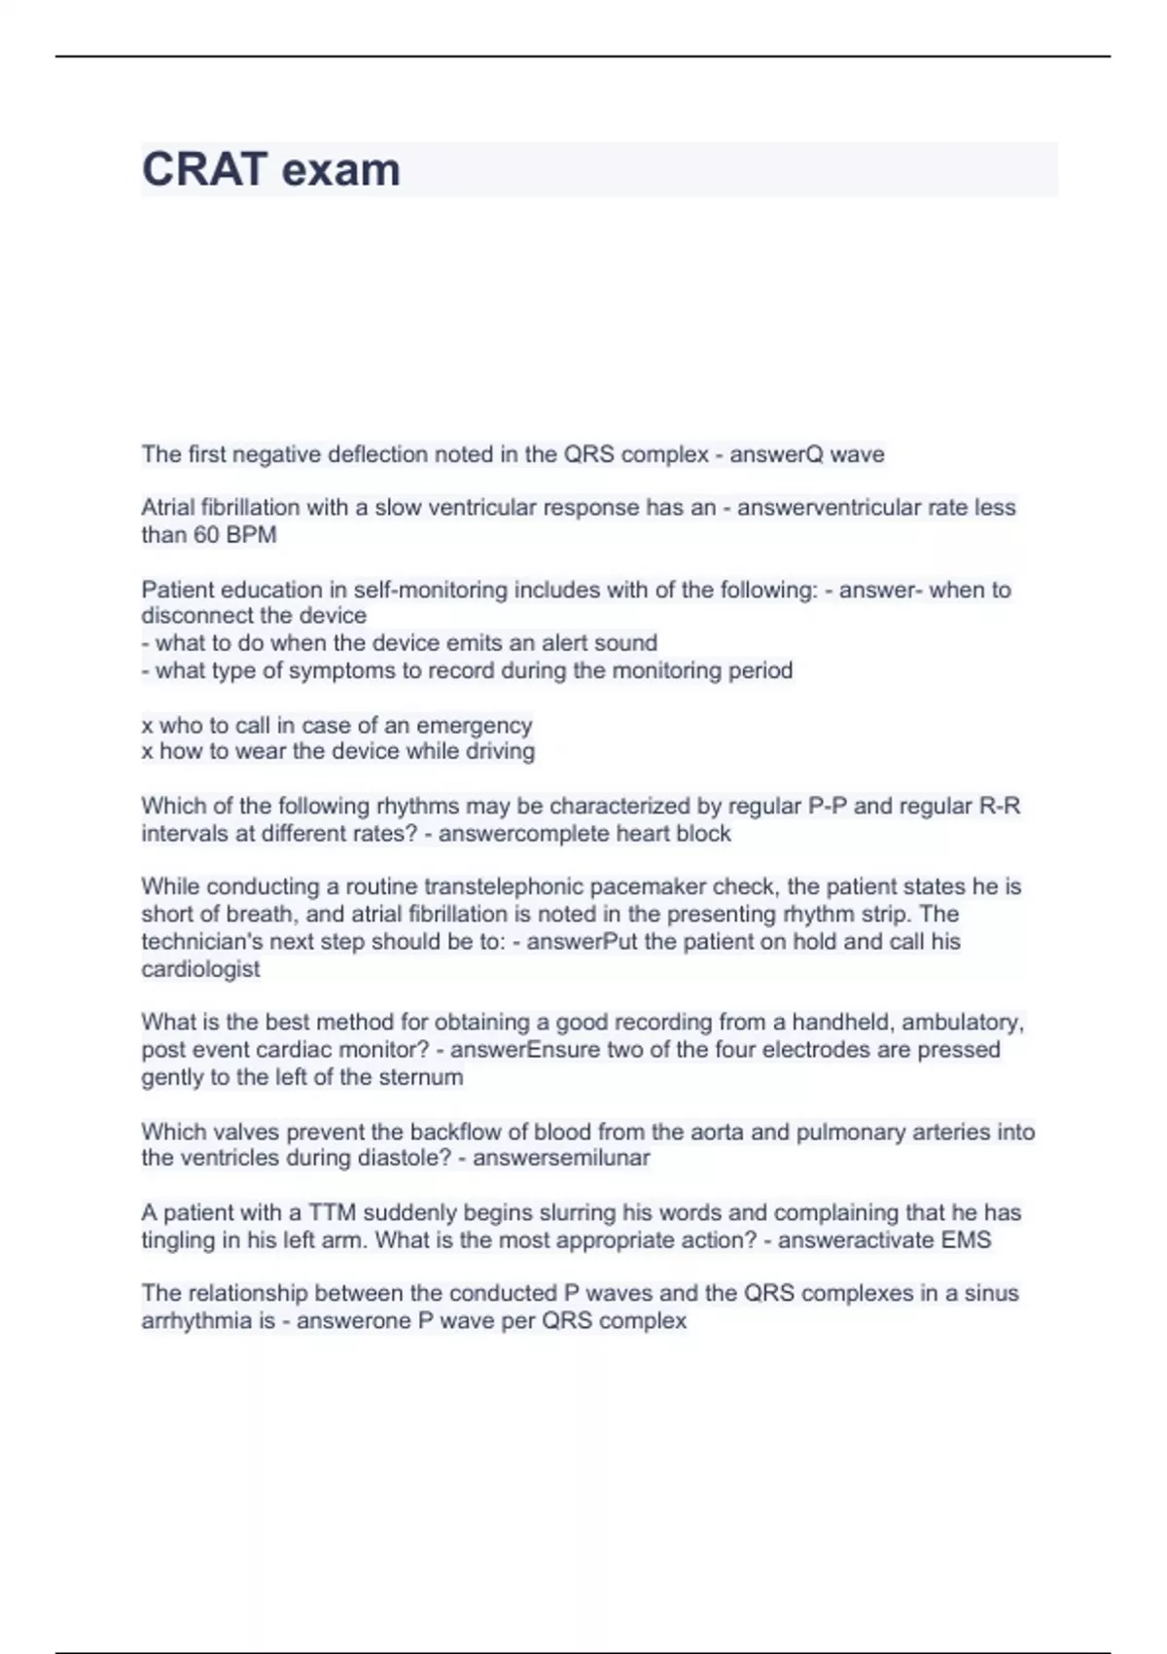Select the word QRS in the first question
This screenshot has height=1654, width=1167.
pyautogui.click(x=588, y=454)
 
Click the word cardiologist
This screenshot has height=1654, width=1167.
pyautogui.click(x=200, y=969)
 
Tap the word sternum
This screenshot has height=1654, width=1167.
pyautogui.click(x=421, y=1077)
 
